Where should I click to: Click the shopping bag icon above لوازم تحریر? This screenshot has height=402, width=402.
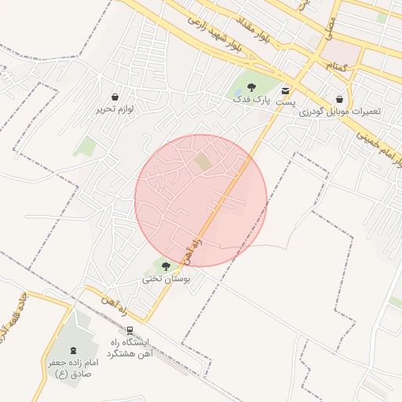point(115,97)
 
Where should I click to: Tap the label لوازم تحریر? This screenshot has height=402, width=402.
point(115,109)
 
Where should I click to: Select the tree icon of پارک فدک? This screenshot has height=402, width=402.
point(251,87)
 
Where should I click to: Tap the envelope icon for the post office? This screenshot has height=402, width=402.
point(284,91)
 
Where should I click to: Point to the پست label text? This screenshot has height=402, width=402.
point(288,103)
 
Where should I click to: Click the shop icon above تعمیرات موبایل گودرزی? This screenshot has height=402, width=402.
point(338,100)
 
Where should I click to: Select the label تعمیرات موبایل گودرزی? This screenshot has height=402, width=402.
point(339,111)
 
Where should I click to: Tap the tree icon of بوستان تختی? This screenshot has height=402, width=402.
point(165,266)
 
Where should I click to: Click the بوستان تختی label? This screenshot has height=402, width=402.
point(165,279)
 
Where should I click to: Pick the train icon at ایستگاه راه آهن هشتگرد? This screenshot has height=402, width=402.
point(130,330)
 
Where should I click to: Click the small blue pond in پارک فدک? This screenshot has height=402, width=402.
point(238,90)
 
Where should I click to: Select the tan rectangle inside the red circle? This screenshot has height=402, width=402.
point(203,163)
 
